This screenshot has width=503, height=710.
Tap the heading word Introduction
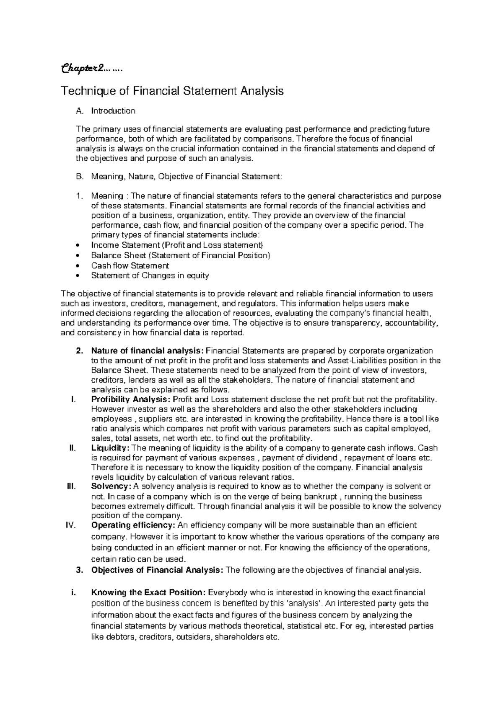pyautogui.click(x=113, y=111)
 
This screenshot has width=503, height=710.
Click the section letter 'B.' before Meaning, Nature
pyautogui.click(x=80, y=177)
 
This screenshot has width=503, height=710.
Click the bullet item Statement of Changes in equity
pyautogui.click(x=150, y=275)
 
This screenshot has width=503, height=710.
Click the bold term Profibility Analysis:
pyautogui.click(x=131, y=399)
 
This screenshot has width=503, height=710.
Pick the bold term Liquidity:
pyautogui.click(x=111, y=448)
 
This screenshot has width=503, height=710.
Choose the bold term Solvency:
pyautogui.click(x=111, y=486)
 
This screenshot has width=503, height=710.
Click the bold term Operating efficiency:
pyautogui.click(x=134, y=525)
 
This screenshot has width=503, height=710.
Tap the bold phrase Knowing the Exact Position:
pyautogui.click(x=149, y=592)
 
